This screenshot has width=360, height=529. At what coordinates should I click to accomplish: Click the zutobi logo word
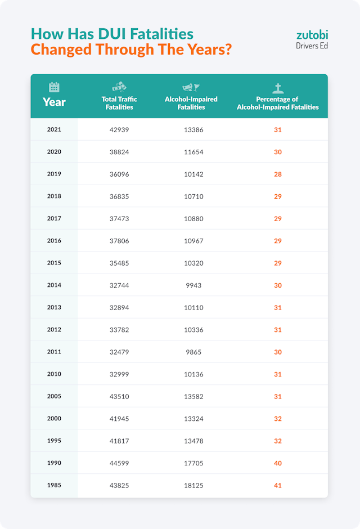[x=312, y=34]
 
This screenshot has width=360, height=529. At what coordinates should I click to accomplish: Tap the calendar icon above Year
[x=54, y=87]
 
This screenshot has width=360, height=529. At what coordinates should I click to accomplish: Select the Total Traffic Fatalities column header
[x=119, y=103]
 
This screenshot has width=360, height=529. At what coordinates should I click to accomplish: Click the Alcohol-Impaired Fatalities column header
[x=191, y=103]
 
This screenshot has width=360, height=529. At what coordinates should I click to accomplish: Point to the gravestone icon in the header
[x=277, y=88]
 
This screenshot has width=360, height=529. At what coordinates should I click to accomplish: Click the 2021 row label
[x=54, y=129]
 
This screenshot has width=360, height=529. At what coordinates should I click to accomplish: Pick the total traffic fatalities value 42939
[x=119, y=130]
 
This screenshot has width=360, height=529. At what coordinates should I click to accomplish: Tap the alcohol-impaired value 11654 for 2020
[x=193, y=152]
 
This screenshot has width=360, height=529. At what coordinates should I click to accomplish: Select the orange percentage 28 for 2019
[x=277, y=174]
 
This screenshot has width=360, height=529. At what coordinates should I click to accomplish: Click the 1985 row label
[x=54, y=485]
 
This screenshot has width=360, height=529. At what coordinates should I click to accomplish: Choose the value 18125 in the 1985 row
[x=193, y=486]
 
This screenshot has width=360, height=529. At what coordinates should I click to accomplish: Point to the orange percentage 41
[x=277, y=486]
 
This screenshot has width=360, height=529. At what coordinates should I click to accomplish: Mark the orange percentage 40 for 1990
[x=277, y=463]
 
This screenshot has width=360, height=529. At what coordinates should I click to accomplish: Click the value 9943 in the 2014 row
[x=193, y=285]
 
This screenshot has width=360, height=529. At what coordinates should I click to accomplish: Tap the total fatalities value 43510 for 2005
[x=119, y=397]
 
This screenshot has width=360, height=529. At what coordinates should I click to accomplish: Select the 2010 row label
[x=54, y=374]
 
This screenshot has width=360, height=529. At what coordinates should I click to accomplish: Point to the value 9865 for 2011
[x=193, y=352]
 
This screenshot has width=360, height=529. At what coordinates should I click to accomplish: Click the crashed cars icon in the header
[x=119, y=87]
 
